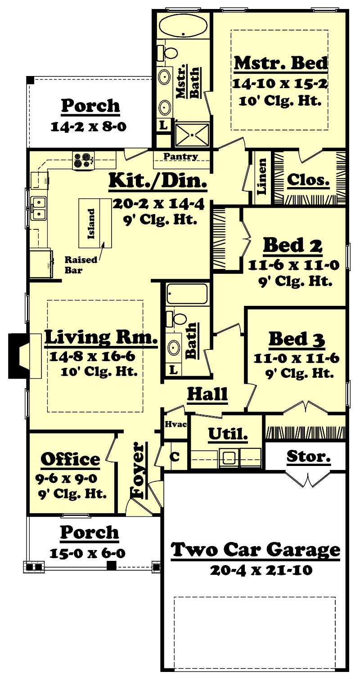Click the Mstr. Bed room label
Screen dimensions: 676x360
(x=281, y=63)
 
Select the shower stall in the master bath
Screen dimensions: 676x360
(x=193, y=134)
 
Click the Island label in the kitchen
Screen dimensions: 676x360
(x=91, y=224)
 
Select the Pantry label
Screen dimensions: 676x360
(x=180, y=157)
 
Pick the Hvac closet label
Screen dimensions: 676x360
(x=173, y=424)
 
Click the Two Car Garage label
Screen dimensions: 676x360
(x=256, y=549)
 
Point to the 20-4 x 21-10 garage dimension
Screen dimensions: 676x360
(x=261, y=570)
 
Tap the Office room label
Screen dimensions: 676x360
(x=71, y=459)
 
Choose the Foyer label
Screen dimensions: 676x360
(x=139, y=470)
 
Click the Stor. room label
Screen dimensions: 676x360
(x=309, y=457)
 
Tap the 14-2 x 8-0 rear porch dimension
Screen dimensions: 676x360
(x=88, y=126)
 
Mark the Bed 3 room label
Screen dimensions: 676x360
(x=297, y=339)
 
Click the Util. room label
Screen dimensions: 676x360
(x=228, y=434)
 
